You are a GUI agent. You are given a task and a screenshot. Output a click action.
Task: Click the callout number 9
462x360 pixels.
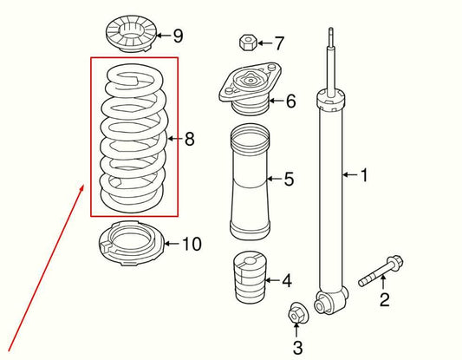(178, 36)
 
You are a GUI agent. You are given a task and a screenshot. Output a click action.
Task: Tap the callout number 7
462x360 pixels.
(279, 42)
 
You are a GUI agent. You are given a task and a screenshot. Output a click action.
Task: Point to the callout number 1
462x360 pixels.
(364, 176)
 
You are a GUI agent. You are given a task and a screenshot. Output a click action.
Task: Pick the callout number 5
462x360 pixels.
(289, 180)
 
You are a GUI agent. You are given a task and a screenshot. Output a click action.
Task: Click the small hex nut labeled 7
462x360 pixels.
(245, 43)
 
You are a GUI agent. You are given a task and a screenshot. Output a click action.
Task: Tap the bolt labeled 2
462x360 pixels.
(379, 272)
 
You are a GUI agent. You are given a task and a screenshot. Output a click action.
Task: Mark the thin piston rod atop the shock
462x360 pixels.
(331, 56)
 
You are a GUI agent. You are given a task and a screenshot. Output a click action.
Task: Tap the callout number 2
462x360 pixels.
(385, 301)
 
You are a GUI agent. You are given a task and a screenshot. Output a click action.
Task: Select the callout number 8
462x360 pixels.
(190, 138)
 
